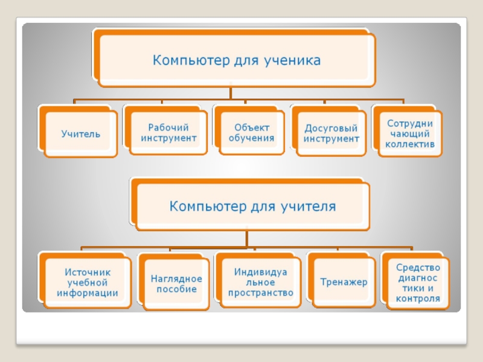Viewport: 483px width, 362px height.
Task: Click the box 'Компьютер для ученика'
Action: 236,60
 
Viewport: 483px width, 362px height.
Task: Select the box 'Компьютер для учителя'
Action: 252,207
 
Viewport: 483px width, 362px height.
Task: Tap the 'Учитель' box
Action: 80,133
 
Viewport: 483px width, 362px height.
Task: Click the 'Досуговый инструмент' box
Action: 331,133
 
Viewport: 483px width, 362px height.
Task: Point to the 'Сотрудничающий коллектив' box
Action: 410,133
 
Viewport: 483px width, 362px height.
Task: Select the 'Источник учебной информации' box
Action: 87,282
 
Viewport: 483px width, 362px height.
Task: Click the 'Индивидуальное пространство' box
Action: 260,282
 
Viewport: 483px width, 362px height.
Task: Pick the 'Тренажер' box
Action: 344,282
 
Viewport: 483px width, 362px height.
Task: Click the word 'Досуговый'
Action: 331,129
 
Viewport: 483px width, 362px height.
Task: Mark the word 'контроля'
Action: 418,298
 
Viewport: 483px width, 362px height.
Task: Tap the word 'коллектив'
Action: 410,144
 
